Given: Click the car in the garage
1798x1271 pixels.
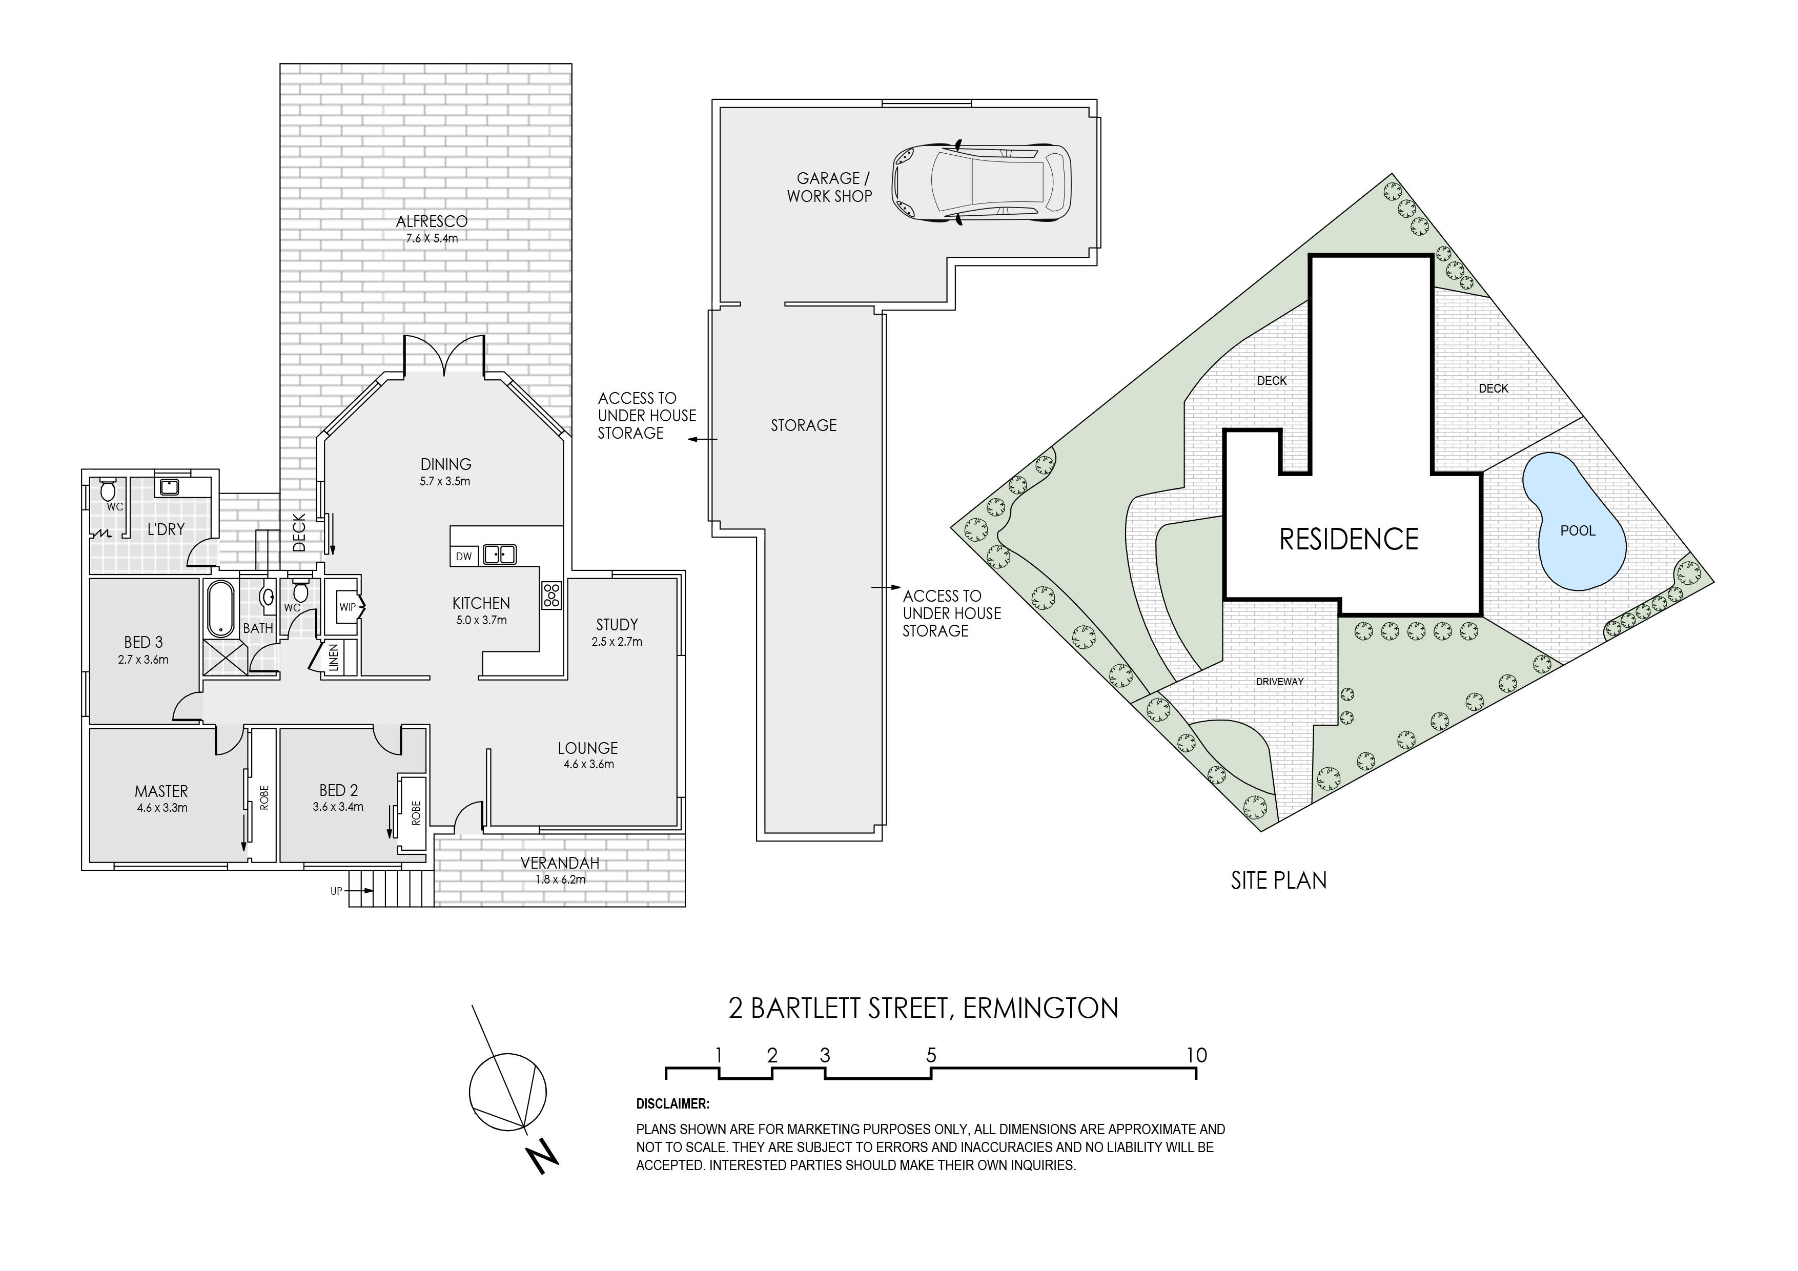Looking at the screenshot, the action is [x=983, y=183].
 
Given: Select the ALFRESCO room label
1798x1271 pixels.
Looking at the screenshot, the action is [x=432, y=221].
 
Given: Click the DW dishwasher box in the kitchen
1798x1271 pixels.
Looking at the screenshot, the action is [x=464, y=556].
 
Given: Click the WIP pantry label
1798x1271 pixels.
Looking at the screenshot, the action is [x=347, y=607].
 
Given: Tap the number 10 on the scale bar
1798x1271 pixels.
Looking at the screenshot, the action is [x=1197, y=1055].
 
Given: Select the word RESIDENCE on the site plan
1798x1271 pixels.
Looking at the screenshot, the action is [x=1348, y=539].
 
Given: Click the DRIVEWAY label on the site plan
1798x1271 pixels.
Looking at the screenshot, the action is [x=1280, y=681].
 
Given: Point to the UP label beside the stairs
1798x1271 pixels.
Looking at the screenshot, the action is [x=336, y=891].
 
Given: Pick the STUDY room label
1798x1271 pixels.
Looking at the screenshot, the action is [x=617, y=625].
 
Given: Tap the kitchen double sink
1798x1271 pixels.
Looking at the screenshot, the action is [x=499, y=555].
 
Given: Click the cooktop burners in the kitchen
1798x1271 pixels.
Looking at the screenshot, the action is [x=551, y=594].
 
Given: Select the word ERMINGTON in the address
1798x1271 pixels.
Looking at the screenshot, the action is [x=1041, y=1008].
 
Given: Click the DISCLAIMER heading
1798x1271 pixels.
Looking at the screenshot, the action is [x=672, y=1104].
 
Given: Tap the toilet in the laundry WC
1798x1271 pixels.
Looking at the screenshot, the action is [x=108, y=490].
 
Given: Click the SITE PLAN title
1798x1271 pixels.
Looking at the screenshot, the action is [x=1279, y=880].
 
